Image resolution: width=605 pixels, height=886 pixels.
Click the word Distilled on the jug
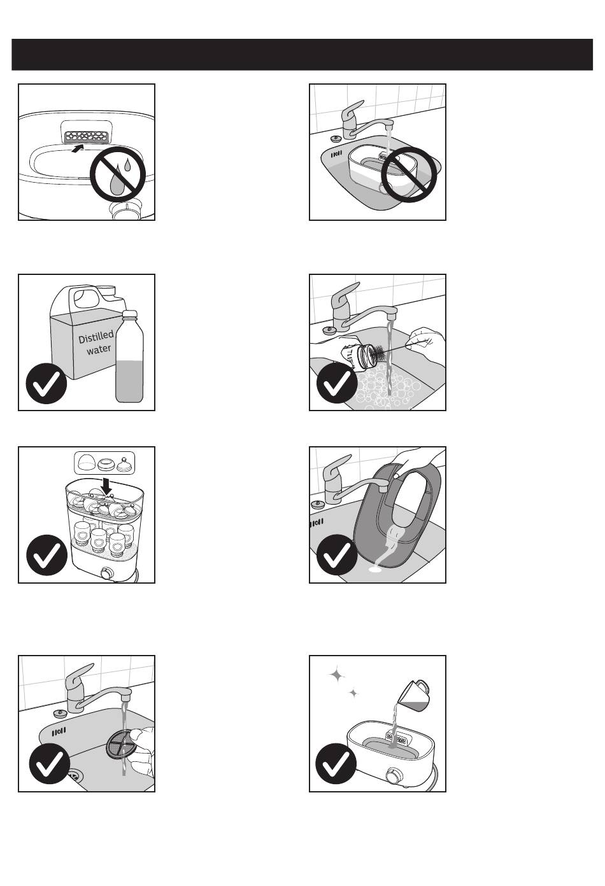pyautogui.click(x=96, y=337)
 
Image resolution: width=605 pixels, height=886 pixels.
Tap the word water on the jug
pyautogui.click(x=99, y=349)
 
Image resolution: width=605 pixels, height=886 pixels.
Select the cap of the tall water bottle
pyautogui.click(x=130, y=314)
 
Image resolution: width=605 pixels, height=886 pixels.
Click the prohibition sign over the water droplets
pyautogui.click(x=118, y=174)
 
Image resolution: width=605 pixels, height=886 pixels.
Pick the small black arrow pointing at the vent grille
pyautogui.click(x=79, y=148)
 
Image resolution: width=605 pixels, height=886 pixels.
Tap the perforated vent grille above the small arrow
pyautogui.click(x=86, y=137)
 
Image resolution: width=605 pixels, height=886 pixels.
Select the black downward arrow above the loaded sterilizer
pyautogui.click(x=106, y=486)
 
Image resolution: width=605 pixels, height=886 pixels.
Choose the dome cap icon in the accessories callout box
pyautogui.click(x=87, y=462)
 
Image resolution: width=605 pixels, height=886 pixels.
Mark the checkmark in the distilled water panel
pyautogui.click(x=46, y=383)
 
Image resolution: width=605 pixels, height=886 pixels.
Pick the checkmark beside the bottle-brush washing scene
pyautogui.click(x=337, y=383)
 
